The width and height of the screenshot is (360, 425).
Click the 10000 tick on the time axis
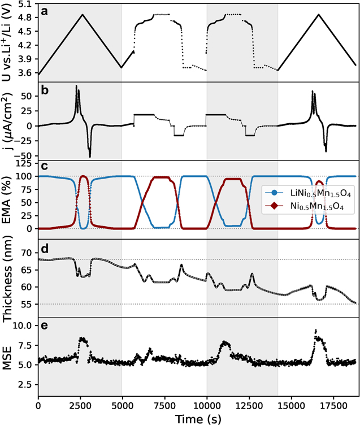click(x=207, y=402)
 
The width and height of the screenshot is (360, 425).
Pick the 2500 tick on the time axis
click(x=80, y=402)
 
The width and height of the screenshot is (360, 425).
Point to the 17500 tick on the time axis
click(x=333, y=402)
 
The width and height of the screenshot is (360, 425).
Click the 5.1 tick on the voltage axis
click(x=25, y=3)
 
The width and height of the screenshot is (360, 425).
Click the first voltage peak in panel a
click(x=83, y=15)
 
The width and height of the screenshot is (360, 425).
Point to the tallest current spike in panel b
click(x=76, y=86)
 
